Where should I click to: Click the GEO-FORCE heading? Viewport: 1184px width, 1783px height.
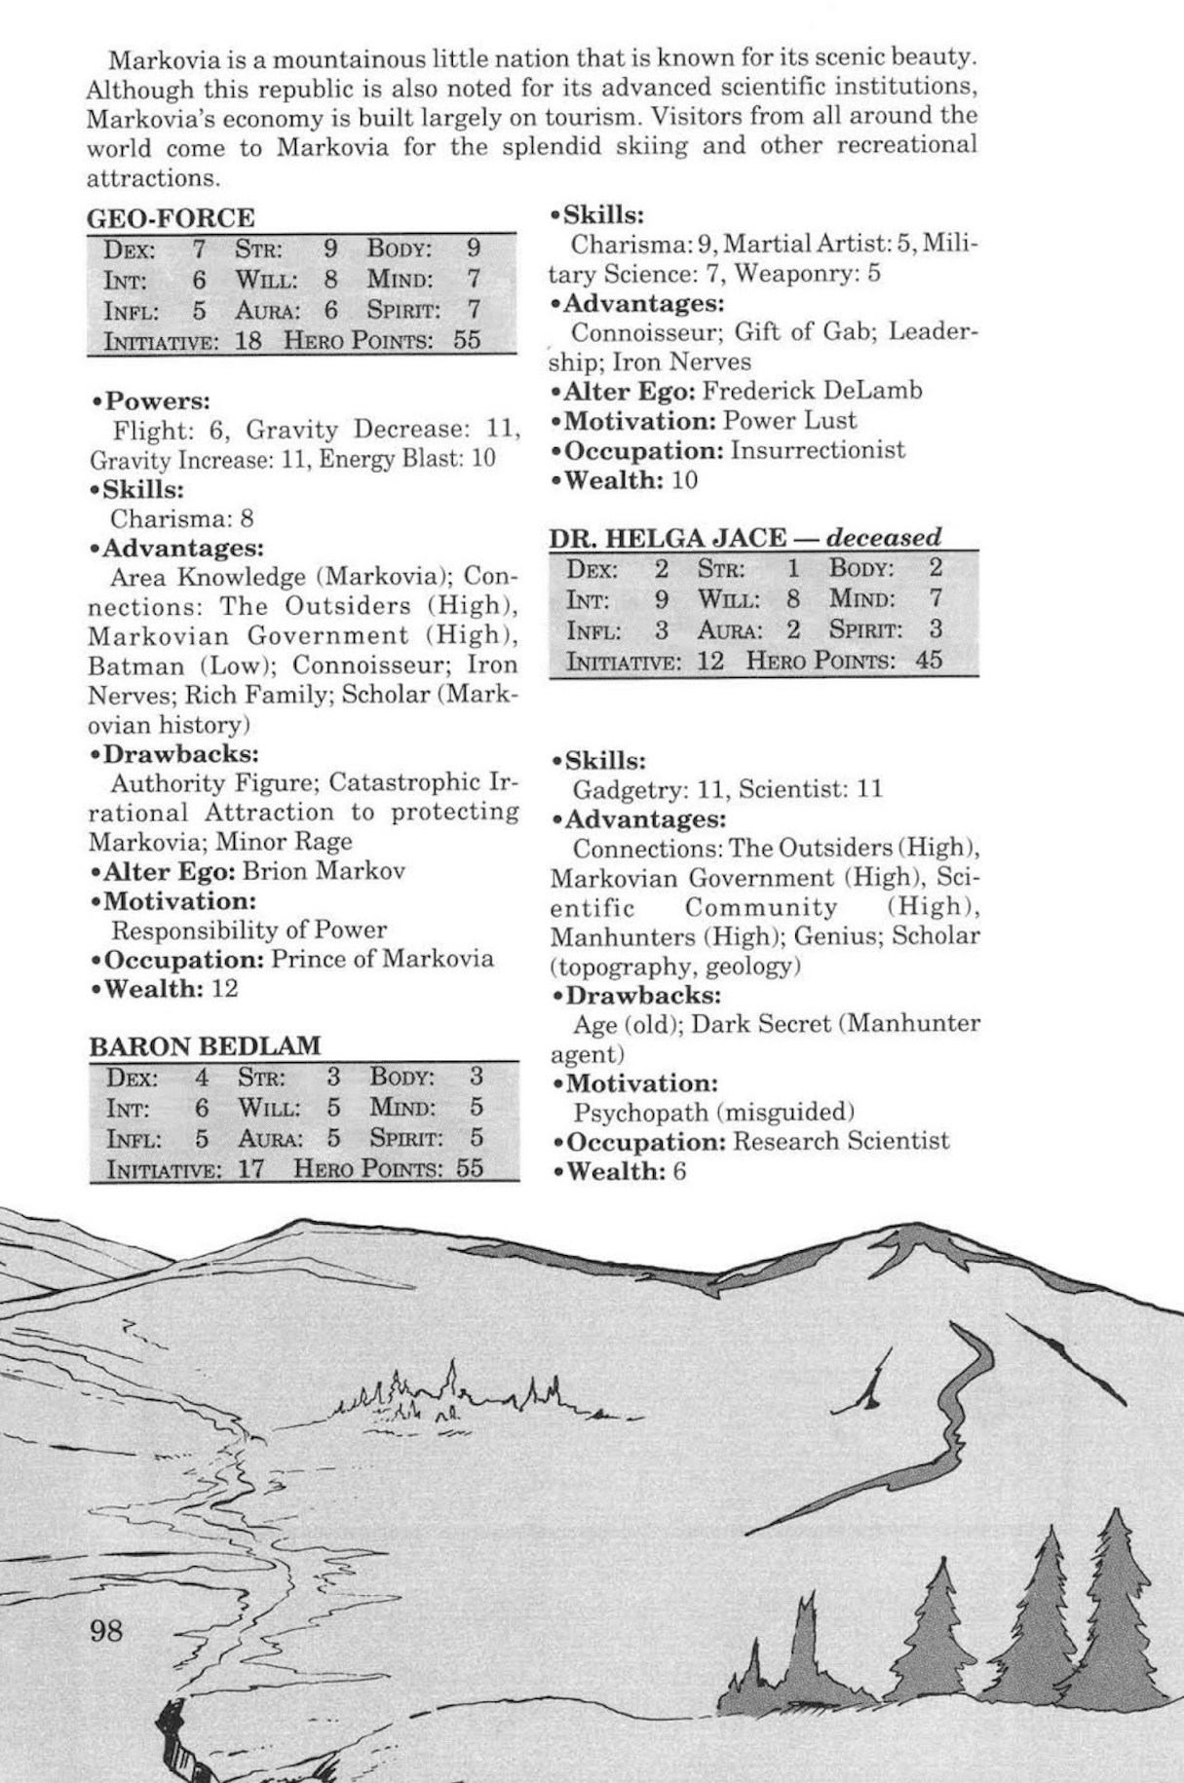pos(171,217)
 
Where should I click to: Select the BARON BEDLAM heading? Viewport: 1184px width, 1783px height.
pos(205,1046)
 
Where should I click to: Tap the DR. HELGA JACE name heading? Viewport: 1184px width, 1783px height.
pos(667,538)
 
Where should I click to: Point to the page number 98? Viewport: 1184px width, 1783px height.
pos(106,1629)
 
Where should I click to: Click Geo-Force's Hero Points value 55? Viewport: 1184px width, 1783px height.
pos(467,340)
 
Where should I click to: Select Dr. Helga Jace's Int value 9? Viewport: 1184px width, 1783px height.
pos(663,599)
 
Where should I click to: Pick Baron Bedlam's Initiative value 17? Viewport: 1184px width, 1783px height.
pos(250,1168)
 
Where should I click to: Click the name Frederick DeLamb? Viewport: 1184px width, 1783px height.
pos(812,392)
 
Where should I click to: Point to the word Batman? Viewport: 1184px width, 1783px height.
pos(135,666)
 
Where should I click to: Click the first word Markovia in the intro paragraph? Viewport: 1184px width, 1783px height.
pos(162,60)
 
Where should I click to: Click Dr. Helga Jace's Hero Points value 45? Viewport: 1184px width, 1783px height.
pos(929,660)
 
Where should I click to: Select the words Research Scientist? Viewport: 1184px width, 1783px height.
pos(840,1141)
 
